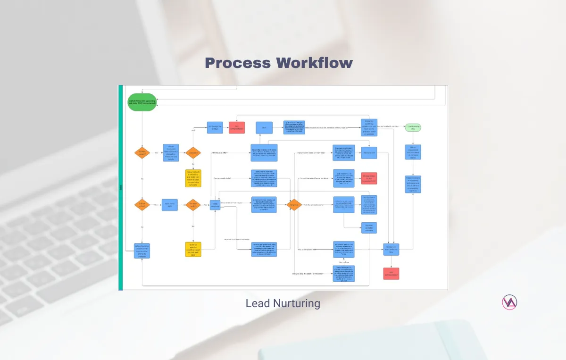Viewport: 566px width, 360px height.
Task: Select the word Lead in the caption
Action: [x=255, y=303]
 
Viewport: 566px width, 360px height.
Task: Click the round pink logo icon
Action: [x=509, y=302]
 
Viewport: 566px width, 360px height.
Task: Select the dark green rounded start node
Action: [x=141, y=102]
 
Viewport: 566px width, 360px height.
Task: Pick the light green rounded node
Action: [x=413, y=127]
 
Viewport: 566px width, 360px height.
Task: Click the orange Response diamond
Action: [x=294, y=205]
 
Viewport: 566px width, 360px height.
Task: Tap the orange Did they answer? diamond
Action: [x=141, y=153]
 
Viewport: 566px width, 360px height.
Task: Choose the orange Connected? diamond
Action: [x=193, y=153]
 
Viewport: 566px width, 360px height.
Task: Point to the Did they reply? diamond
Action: [x=193, y=205]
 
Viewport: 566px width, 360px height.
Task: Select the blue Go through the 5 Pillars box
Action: [x=215, y=127]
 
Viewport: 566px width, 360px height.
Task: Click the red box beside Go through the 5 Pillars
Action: [x=237, y=127]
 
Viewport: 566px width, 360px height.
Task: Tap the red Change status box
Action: [x=369, y=178]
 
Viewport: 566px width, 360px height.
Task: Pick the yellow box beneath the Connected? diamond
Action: [x=193, y=178]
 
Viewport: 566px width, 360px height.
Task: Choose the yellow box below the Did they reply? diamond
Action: [x=193, y=249]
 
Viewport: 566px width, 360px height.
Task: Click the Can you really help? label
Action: [x=224, y=178]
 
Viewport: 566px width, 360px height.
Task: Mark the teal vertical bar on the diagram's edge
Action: [x=120, y=187]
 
